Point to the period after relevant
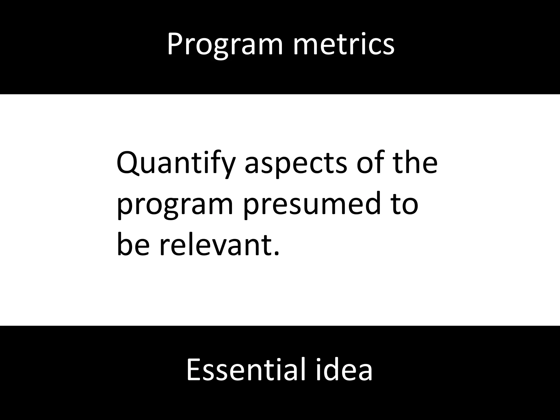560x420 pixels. click(276, 253)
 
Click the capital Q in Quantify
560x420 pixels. click(127, 163)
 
